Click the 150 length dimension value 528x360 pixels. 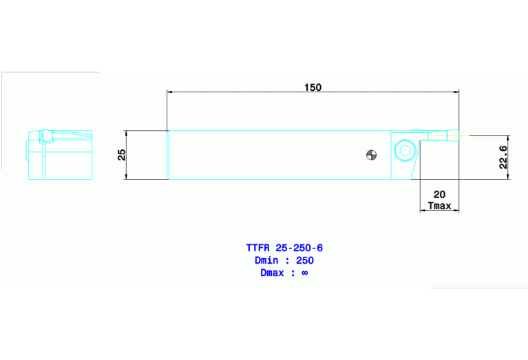click(313, 87)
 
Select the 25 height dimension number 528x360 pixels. click(121, 155)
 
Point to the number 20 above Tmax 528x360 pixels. click(440, 195)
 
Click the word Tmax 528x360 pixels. click(440, 206)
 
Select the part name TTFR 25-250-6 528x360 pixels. click(284, 247)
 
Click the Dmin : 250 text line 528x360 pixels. click(284, 260)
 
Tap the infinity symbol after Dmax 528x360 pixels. click(305, 273)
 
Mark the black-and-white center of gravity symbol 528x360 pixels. click(371, 155)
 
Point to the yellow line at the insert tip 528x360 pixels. click(463, 135)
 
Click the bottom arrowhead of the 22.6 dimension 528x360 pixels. click(509, 176)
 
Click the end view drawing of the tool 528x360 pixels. click(59, 154)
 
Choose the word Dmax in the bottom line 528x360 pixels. click(273, 273)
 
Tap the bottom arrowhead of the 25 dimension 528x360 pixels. click(127, 176)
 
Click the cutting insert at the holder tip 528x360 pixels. click(441, 136)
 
